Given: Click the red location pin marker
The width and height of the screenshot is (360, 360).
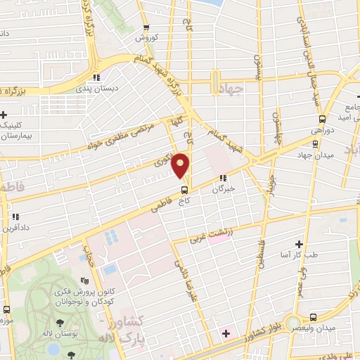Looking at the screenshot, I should [182, 166].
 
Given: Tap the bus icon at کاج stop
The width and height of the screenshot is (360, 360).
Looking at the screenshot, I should [184, 189].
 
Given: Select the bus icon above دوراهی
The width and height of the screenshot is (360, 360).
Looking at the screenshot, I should [322, 120].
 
